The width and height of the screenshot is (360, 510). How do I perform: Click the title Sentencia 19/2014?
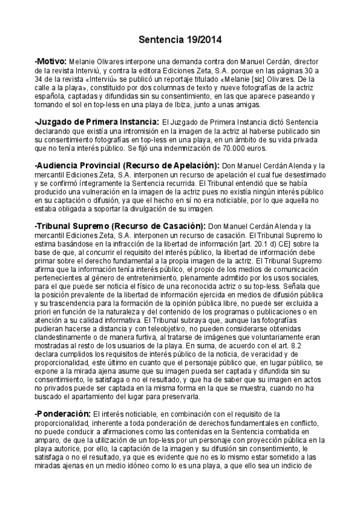[180, 40]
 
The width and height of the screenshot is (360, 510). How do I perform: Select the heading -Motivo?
[50, 61]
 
